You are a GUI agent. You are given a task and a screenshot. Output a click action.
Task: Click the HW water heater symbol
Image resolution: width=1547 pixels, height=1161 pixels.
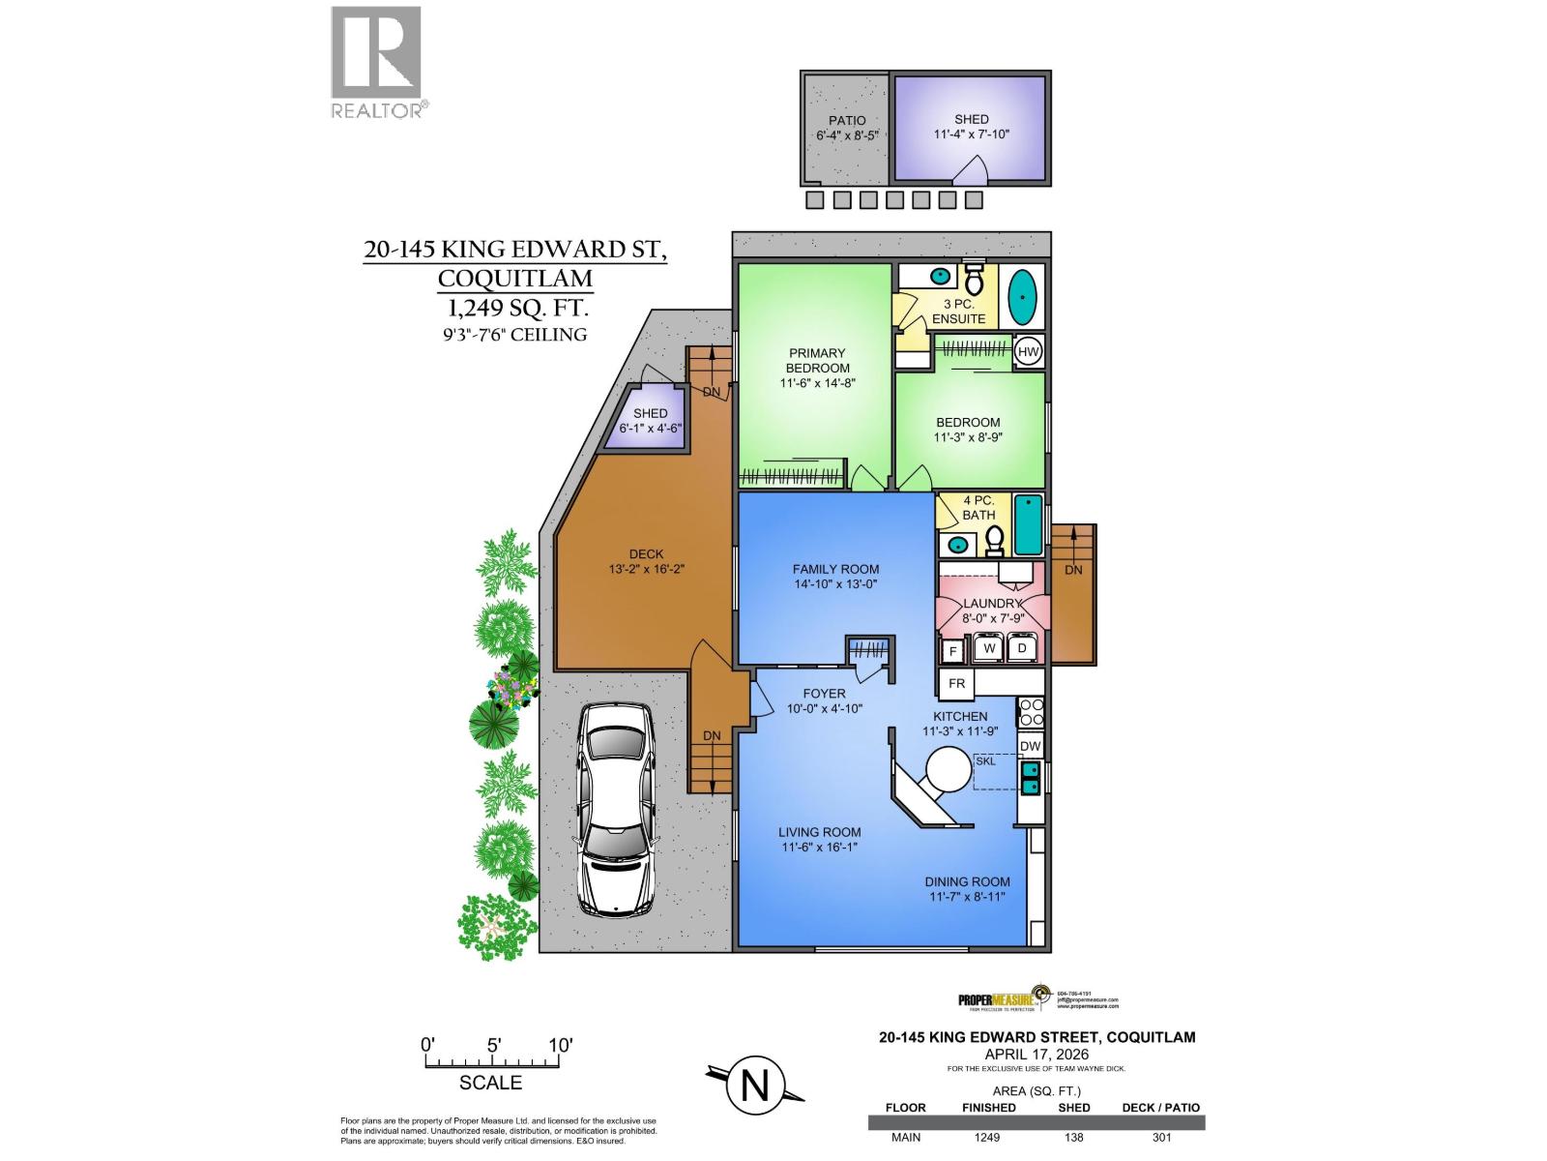pos(1029,352)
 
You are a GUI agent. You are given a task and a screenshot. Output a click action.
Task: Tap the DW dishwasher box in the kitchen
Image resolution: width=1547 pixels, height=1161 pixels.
pos(1031,746)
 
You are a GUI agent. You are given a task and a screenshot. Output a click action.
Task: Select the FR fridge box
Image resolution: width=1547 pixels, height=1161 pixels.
pos(957,683)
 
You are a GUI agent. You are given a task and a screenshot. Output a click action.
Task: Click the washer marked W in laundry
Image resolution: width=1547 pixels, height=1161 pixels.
pos(989,647)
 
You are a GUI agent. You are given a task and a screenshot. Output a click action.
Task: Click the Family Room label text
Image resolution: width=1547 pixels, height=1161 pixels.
pos(835,569)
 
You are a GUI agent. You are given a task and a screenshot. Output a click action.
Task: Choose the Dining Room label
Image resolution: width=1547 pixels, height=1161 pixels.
pos(967,881)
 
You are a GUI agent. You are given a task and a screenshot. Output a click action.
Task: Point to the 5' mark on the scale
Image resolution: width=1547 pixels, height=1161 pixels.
pos(493,1046)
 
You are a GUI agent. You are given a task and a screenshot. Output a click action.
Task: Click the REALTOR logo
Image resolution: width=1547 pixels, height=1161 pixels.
pos(377,62)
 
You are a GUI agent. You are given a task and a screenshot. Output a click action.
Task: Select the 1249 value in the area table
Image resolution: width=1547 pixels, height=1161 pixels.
pos(987,1137)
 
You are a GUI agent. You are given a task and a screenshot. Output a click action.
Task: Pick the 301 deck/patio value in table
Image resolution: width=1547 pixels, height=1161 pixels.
pos(1161,1137)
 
